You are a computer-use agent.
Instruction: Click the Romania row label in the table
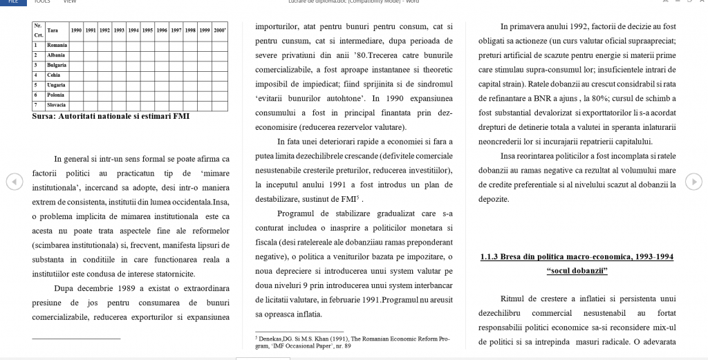coord(57,45)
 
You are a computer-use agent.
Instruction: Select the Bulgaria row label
coord(57,65)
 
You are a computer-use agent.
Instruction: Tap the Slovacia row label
coord(57,105)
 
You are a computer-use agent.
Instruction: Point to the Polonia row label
coord(56,95)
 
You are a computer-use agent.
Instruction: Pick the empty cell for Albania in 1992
coord(104,55)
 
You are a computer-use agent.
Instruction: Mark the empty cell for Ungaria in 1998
coord(191,85)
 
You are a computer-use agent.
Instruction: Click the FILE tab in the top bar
coord(12,2)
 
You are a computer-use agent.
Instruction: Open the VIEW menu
coord(69,2)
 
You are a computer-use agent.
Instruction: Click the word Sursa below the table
coord(46,116)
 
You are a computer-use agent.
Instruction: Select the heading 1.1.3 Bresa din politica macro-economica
coord(577,257)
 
